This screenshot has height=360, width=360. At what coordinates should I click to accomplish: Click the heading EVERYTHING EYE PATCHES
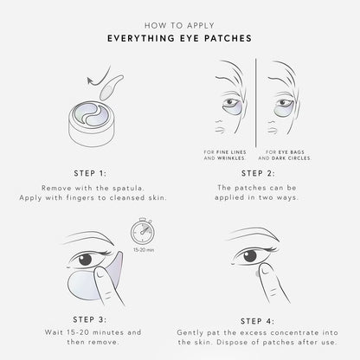180,38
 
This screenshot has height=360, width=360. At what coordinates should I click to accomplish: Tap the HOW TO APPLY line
180,23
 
